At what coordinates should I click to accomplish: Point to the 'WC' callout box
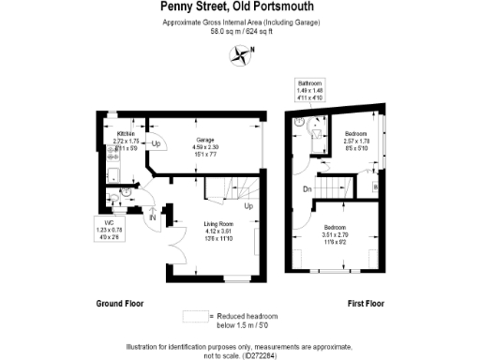109,230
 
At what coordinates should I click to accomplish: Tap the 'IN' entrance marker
153,217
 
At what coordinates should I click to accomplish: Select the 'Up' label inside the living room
248,206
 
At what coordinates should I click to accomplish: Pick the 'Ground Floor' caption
119,304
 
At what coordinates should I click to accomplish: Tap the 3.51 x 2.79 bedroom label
337,232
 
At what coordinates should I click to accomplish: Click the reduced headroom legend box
194,316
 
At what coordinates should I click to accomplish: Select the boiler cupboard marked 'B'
375,186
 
